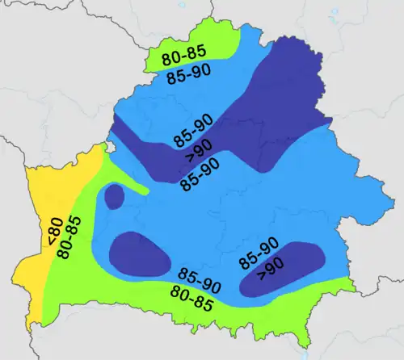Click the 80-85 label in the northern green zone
coord(183,58)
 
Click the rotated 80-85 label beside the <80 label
coord(66,239)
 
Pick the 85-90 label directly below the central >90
coord(200,173)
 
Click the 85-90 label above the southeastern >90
coord(259,253)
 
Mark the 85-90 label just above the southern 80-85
coord(200,280)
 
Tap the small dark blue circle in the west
coord(114,197)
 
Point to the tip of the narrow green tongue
coord(148,193)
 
